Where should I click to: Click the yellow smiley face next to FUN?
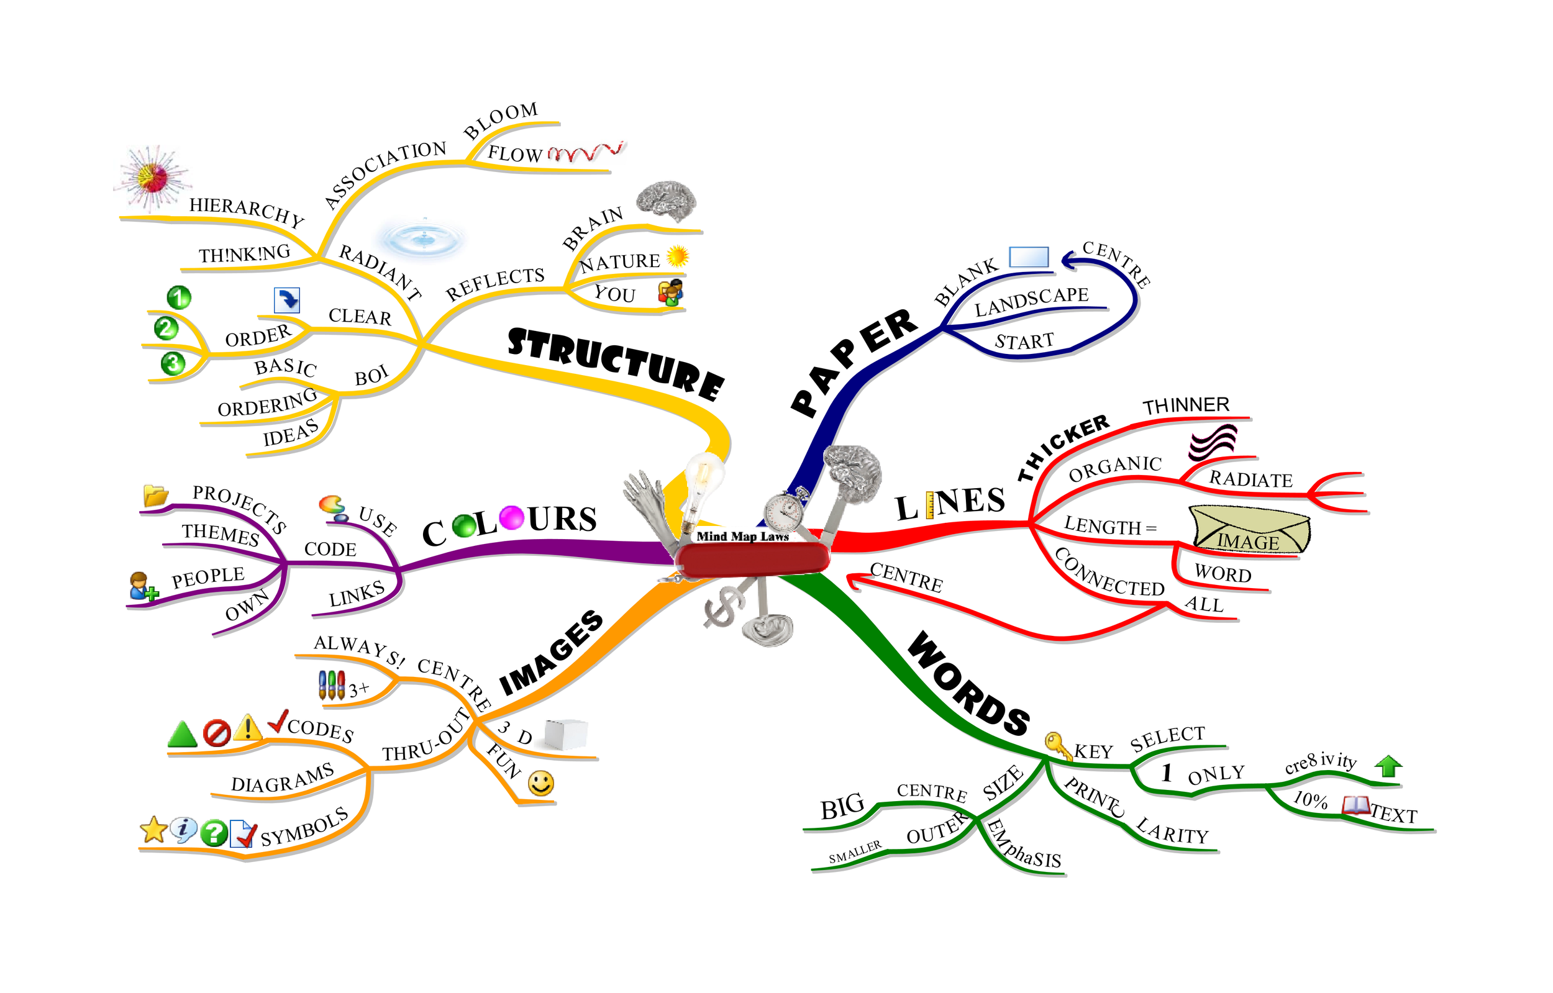pyautogui.click(x=540, y=784)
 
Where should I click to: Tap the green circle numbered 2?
pyautogui.click(x=166, y=329)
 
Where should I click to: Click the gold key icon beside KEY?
pyautogui.click(x=1057, y=745)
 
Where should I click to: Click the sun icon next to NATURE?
pyautogui.click(x=677, y=256)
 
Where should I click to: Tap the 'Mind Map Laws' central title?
pyautogui.click(x=742, y=537)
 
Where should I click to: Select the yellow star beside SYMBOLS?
pyautogui.click(x=153, y=830)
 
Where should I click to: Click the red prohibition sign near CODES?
pyautogui.click(x=217, y=734)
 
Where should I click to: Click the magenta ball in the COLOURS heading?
pyautogui.click(x=511, y=517)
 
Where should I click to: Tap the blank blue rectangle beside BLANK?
pyautogui.click(x=1029, y=256)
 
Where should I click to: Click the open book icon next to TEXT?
pyautogui.click(x=1355, y=805)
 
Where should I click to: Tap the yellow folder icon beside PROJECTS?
pyautogui.click(x=155, y=495)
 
